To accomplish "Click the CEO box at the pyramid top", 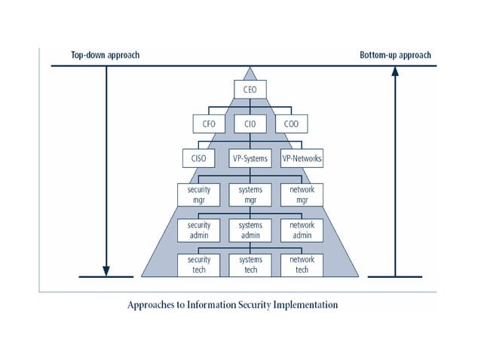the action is pos(250,90).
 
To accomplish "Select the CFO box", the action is pos(209,124).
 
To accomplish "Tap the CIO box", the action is pos(250,124).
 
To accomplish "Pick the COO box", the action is pos(292,124).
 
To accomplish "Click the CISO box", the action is pos(198,158).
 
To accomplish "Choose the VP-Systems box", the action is pos(250,158).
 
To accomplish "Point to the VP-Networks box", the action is pos(302,158).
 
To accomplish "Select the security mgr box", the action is pos(199,195).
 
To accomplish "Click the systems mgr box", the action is pos(250,195).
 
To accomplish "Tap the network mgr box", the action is pos(302,195).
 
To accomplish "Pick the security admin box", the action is pos(199,230).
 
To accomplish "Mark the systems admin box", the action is pos(250,230).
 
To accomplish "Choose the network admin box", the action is pos(302,230).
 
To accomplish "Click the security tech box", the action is pos(199,265).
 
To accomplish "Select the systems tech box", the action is pos(250,265).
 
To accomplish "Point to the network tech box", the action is pos(302,265).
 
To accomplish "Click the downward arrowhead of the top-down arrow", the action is pos(106,271).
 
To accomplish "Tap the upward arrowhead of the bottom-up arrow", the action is pos(395,72).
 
